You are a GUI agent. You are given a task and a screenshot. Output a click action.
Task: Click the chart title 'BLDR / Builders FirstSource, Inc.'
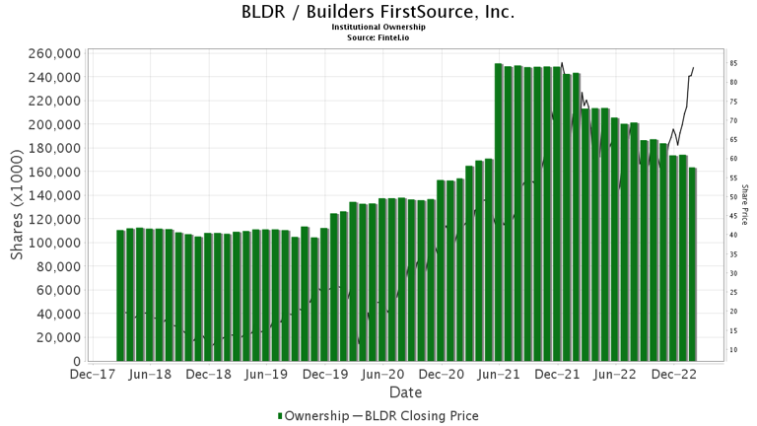(x=378, y=13)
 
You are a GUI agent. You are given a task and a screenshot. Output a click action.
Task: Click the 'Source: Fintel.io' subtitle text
(x=378, y=36)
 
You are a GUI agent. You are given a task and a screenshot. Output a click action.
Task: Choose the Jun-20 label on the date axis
(x=382, y=375)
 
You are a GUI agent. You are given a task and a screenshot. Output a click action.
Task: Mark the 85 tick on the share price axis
(x=734, y=63)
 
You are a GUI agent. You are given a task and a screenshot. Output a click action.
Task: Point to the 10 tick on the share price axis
(x=734, y=350)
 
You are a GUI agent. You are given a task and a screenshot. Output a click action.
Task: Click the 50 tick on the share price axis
(x=734, y=197)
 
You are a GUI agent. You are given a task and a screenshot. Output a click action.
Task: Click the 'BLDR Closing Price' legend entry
(x=420, y=416)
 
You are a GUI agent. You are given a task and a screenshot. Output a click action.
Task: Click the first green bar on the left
(x=120, y=296)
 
